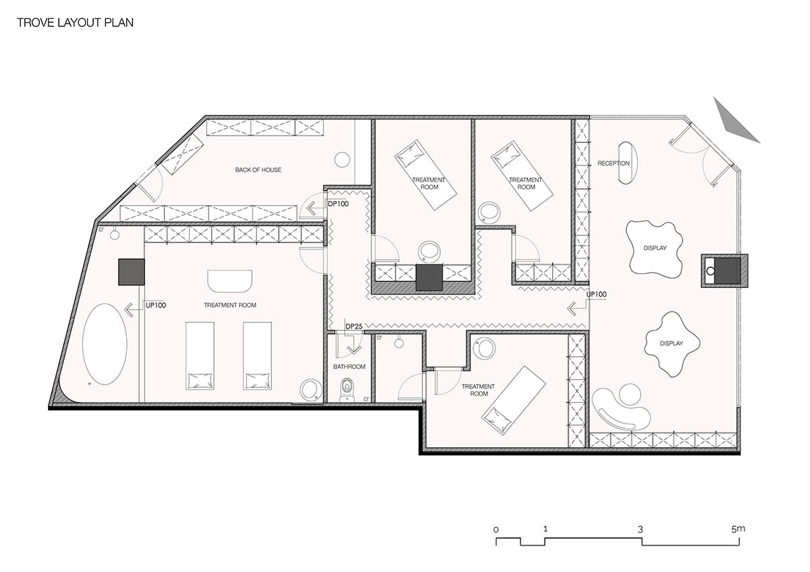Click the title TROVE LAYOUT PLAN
coord(75,22)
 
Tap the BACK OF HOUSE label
coord(258,170)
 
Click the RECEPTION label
coord(614,163)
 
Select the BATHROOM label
coord(349,367)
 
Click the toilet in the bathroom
coord(347,390)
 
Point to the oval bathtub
coord(105,344)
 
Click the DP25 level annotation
coord(354,326)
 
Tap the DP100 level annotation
coord(338,204)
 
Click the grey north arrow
coord(734,121)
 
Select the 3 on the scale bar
coord(641,530)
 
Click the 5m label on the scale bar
coord(738,529)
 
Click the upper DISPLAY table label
coord(655,248)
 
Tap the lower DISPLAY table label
coord(672,343)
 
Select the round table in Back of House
coord(342,159)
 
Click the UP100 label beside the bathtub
coord(156,306)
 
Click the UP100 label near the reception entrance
coord(596,295)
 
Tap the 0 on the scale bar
coord(495,530)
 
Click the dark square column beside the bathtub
coord(132,272)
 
